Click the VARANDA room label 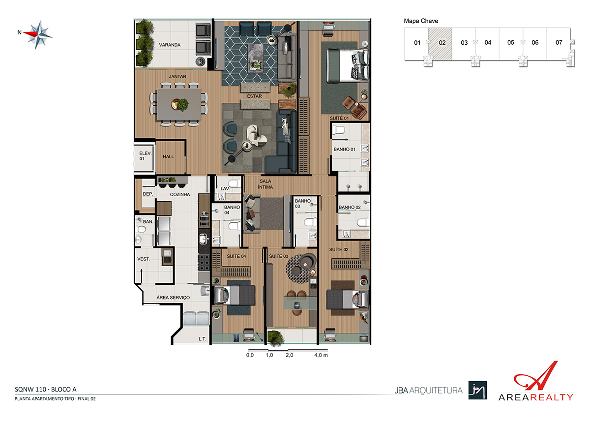point(170,45)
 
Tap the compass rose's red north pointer point(30,33)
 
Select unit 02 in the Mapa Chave point(440,44)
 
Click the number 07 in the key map point(559,43)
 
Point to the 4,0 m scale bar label point(321,355)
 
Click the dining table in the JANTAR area point(179,104)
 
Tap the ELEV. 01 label point(145,156)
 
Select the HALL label point(168,157)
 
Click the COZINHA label point(180,194)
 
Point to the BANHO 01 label point(344,150)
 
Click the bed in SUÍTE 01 point(347,66)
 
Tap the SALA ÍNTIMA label point(265,184)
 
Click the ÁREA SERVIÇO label point(173,298)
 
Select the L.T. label point(202,339)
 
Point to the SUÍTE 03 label point(278,256)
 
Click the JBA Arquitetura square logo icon point(477,390)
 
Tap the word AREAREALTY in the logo point(535,397)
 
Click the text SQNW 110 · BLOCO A point(46,390)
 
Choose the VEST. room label point(144,259)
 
